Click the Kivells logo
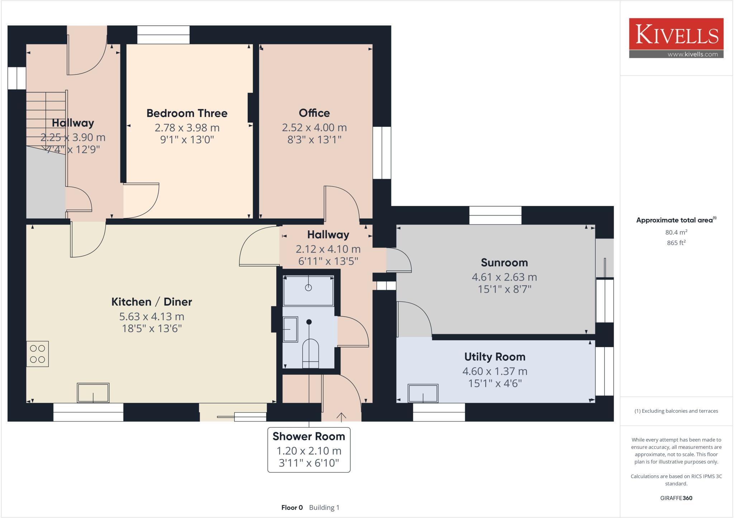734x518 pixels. (676, 38)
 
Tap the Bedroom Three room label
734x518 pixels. (187, 113)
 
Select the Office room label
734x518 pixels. (314, 113)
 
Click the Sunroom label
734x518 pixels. (504, 263)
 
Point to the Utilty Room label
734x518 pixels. (495, 357)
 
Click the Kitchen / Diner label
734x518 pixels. (152, 302)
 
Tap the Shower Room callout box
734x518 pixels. (309, 450)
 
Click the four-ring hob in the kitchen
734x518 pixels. (37, 354)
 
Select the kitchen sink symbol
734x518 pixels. (93, 393)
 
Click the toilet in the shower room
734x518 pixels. (310, 353)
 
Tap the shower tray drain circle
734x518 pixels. (308, 288)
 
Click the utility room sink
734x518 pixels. (423, 393)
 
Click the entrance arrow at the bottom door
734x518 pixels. (341, 417)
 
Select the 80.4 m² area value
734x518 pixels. (676, 232)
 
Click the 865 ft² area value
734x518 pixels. (676, 243)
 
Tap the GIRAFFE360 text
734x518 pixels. (676, 498)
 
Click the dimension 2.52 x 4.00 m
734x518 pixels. (314, 128)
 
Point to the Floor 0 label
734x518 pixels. (292, 508)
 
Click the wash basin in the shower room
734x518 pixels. (290, 329)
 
